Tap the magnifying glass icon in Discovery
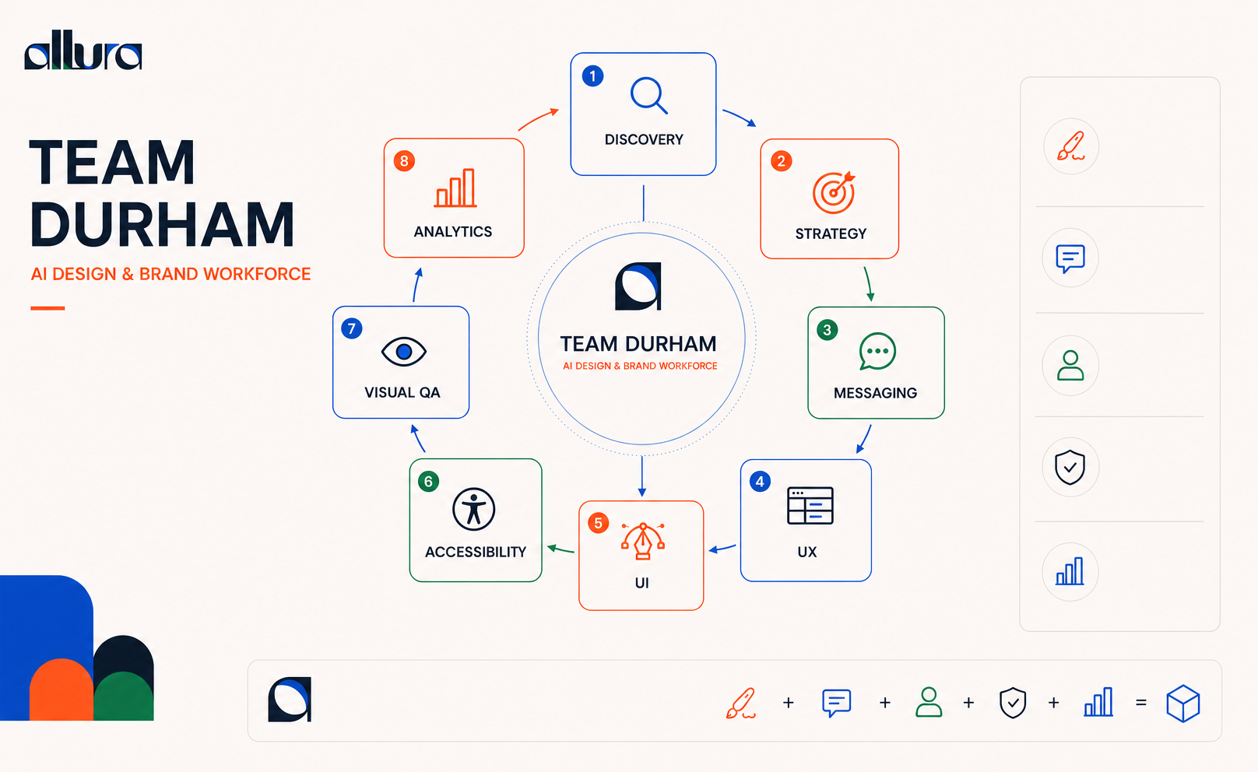click(648, 96)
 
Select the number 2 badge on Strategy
click(782, 161)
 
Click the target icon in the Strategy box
click(834, 192)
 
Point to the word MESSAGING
click(875, 393)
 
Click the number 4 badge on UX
click(760, 481)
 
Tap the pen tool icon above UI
click(643, 541)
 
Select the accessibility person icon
click(473, 509)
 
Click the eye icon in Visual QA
click(404, 352)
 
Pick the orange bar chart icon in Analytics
click(455, 188)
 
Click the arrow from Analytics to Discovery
click(537, 118)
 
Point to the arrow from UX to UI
click(722, 548)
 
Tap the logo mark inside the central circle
click(638, 286)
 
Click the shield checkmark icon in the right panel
click(1070, 467)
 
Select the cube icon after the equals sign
click(1183, 703)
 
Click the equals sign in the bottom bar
click(1140, 703)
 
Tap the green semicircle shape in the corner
click(124, 697)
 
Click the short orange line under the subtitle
click(47, 308)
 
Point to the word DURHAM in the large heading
click(162, 225)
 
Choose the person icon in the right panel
click(1070, 366)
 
